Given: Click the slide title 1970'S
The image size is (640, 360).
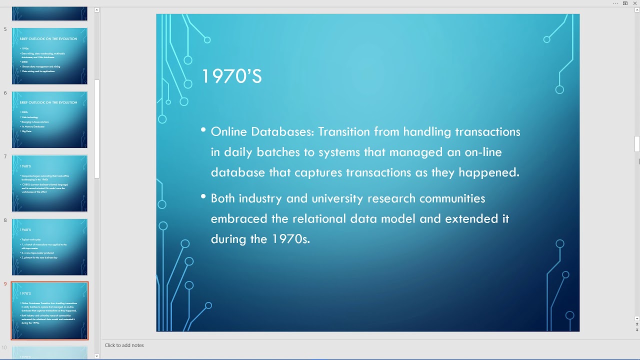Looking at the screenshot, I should [231, 76].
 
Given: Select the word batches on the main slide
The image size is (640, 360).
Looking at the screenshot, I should [281, 152].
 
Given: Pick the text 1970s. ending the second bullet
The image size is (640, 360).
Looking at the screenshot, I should [291, 239].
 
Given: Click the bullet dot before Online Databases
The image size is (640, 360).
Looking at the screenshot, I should [203, 130].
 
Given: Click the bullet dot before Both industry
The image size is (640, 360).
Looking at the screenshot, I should [203, 197].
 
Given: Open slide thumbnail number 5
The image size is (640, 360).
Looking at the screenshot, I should [49, 56].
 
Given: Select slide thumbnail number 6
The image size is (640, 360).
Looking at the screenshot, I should [49, 119].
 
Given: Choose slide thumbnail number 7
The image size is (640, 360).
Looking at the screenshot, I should [49, 183].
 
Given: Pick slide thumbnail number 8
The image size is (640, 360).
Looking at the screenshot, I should [49, 247].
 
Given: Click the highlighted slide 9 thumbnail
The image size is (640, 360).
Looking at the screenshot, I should [49, 310].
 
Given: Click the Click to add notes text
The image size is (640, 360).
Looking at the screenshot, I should [124, 345].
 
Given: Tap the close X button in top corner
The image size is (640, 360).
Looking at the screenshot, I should [635, 3].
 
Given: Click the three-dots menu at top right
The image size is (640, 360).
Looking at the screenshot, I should [615, 3].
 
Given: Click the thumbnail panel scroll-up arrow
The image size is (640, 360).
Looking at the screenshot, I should [96, 9].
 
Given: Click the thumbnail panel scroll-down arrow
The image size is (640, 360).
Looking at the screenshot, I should [96, 356].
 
